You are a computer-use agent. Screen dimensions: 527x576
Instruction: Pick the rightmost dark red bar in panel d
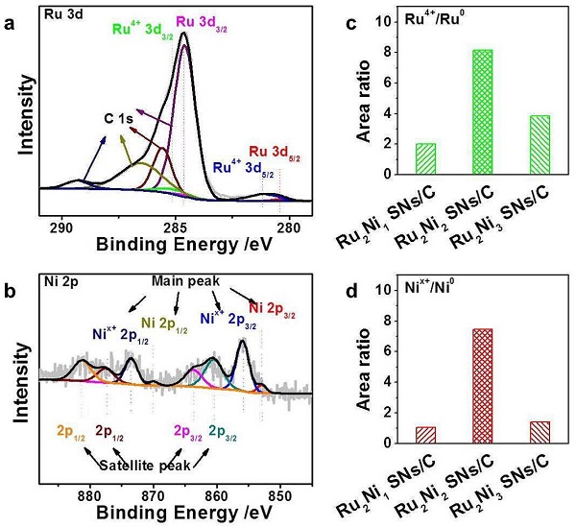coord(512,432)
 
